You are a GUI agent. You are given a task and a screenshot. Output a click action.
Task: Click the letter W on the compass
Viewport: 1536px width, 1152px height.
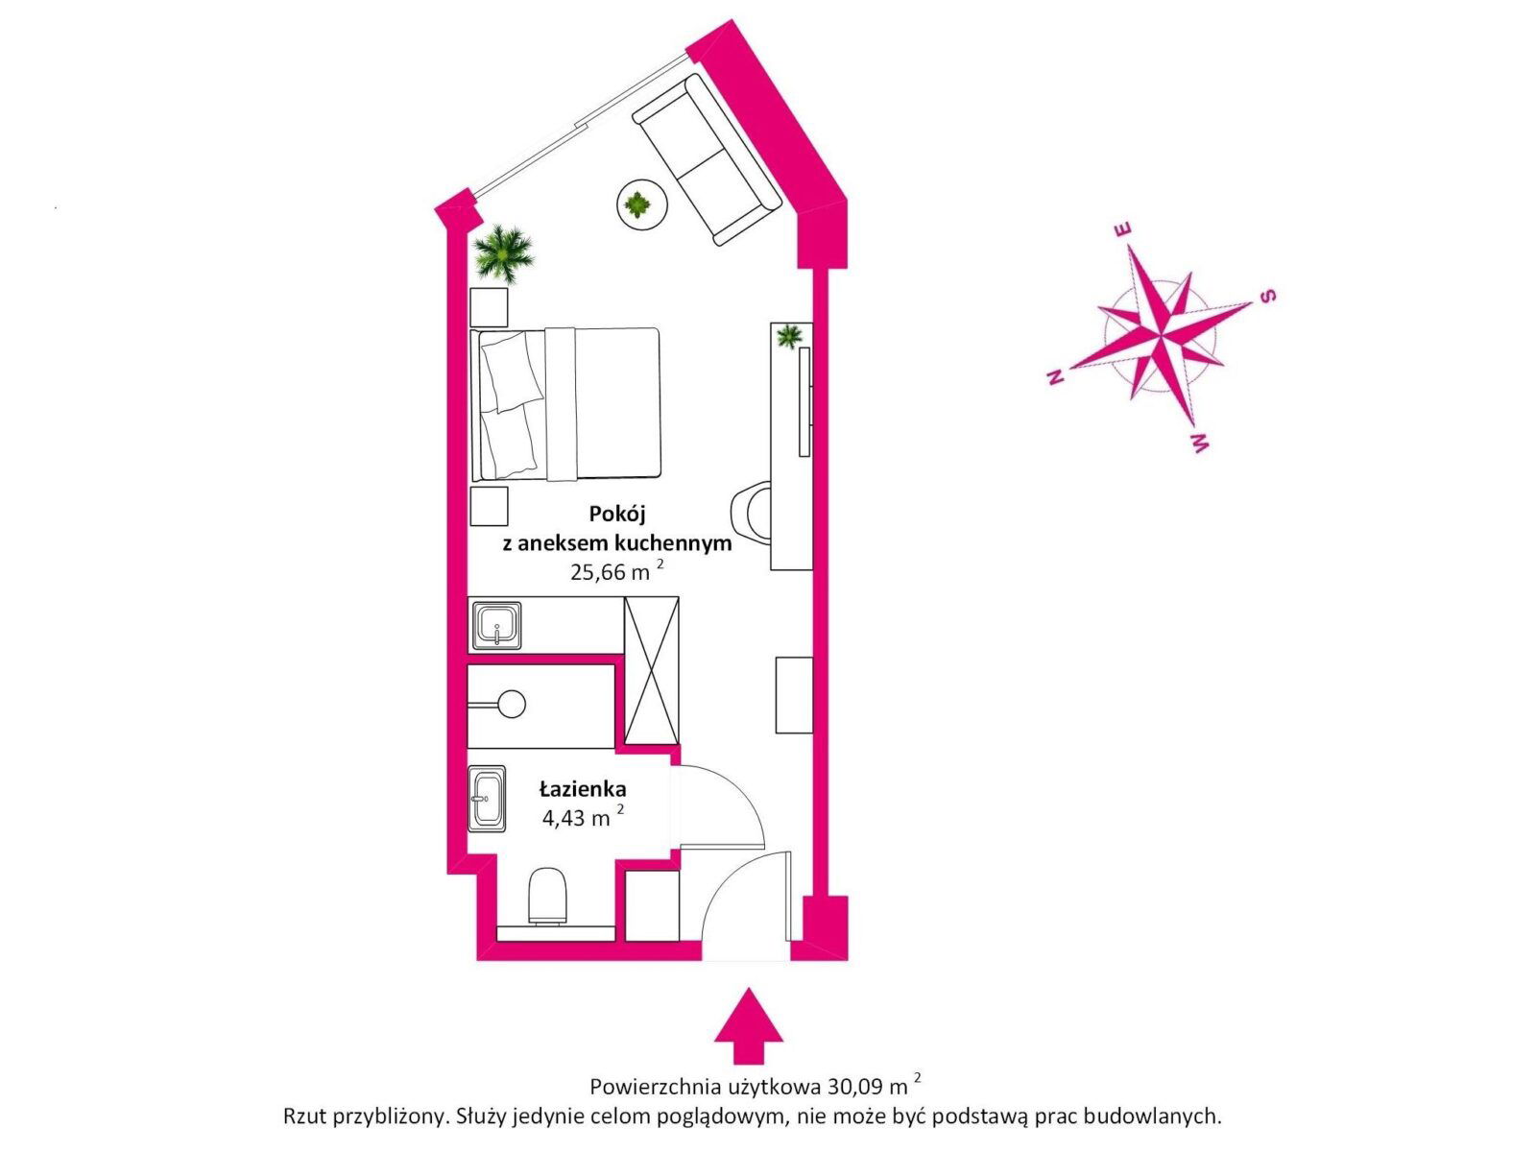pos(1200,443)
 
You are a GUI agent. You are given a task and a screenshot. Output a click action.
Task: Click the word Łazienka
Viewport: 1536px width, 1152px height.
pos(583,789)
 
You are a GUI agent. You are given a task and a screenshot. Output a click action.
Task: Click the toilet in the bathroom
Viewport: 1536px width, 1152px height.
pos(548,895)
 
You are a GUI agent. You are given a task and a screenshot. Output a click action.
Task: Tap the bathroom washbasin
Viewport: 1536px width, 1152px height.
pos(488,799)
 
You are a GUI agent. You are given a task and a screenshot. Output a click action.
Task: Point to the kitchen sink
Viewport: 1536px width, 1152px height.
pos(495,626)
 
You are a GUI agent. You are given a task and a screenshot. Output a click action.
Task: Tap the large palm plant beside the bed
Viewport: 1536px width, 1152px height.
pos(502,253)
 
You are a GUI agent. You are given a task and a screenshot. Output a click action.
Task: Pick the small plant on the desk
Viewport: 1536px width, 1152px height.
pos(789,336)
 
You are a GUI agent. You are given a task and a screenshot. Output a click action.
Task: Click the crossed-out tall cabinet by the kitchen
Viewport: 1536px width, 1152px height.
pos(651,670)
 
